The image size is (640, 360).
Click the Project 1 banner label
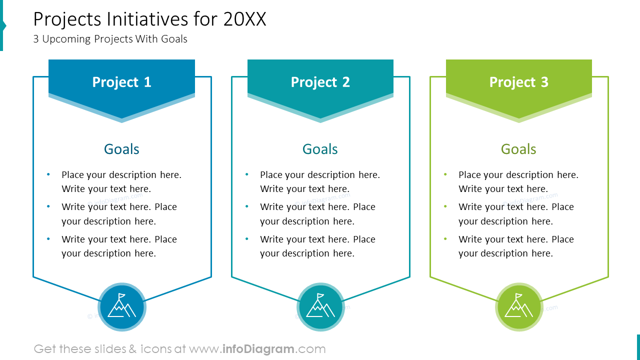pos(121,82)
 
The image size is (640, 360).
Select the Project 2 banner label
pos(320,82)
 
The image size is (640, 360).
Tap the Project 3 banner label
pos(518,82)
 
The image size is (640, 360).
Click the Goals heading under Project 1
pos(121,149)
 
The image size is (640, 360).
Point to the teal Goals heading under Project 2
pos(320,149)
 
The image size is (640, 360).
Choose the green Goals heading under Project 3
pos(518,149)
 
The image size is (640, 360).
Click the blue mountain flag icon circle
pos(122,307)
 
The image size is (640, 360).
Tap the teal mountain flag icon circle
pos(320,307)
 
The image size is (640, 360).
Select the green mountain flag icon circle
pos(519,307)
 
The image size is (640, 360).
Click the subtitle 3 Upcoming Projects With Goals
pos(110,39)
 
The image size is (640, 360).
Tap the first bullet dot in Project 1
pos(48,174)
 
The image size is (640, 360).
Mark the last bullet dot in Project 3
pos(445,239)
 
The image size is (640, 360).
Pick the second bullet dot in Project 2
pos(247,206)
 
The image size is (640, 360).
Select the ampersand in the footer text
pos(132,349)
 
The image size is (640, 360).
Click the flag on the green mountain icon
pos(518,296)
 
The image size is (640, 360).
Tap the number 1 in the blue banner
pos(147,82)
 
